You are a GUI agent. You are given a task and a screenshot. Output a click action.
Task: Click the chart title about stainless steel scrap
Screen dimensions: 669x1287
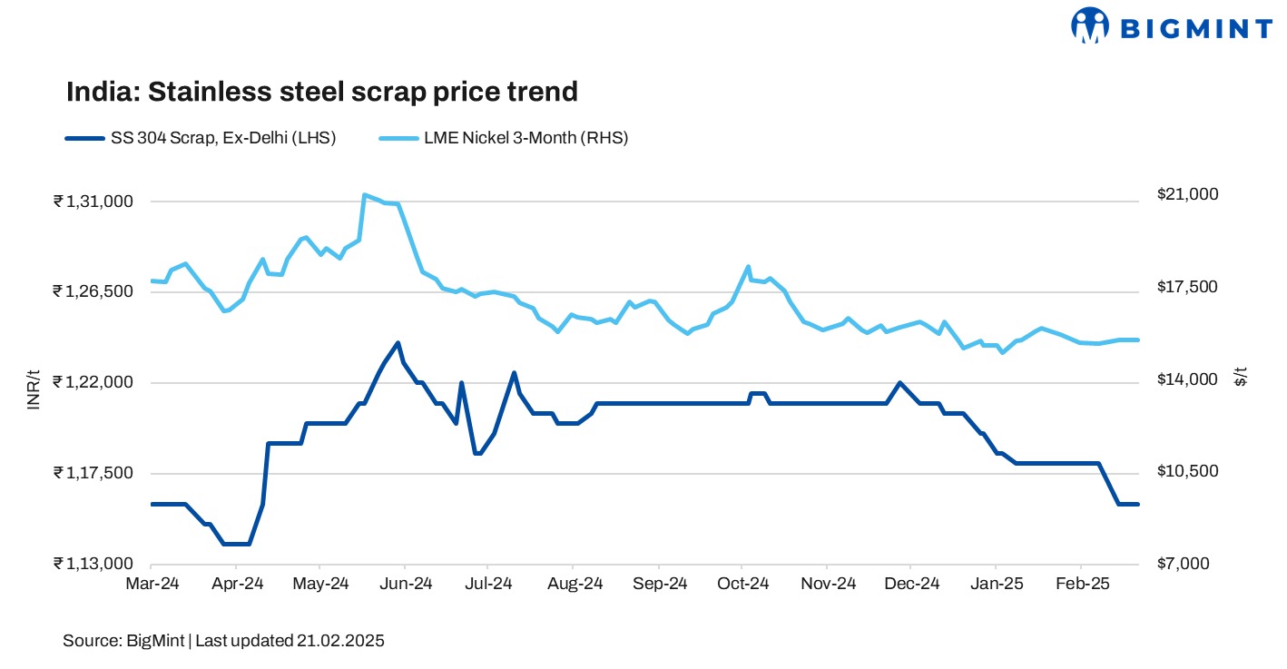coord(321,92)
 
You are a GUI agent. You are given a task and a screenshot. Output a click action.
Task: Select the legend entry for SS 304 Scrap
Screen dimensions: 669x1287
coord(201,138)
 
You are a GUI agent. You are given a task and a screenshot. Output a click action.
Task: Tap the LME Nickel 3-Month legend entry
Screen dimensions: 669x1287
coord(503,138)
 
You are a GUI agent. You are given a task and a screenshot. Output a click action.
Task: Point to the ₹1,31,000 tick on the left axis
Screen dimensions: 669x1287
coord(94,202)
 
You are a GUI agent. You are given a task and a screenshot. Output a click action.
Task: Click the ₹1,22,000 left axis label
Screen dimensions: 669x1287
coord(94,382)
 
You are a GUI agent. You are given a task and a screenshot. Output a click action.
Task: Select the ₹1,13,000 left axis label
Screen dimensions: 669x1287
coord(94,564)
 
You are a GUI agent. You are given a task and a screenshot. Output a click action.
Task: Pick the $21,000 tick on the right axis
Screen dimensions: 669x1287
coord(1174,195)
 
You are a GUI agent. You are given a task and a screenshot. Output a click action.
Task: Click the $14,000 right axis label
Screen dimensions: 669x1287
coord(1174,379)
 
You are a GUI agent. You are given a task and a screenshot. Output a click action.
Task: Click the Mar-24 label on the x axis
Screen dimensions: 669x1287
coord(152,584)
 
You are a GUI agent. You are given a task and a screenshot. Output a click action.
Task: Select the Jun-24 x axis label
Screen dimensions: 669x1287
coord(406,584)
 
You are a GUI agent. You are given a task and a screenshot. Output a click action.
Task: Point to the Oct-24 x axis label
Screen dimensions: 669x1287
coord(743,584)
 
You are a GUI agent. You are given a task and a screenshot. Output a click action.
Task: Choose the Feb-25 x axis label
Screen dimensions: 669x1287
coord(1081,584)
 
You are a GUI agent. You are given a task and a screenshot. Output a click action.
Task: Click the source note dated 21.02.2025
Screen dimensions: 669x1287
coord(223,641)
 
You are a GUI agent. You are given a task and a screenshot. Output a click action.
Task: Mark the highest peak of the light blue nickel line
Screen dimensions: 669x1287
coord(364,194)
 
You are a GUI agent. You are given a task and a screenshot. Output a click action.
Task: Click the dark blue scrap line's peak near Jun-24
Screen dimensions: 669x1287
coord(398,343)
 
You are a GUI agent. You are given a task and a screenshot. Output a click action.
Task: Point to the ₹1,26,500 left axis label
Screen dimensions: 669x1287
coord(94,291)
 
